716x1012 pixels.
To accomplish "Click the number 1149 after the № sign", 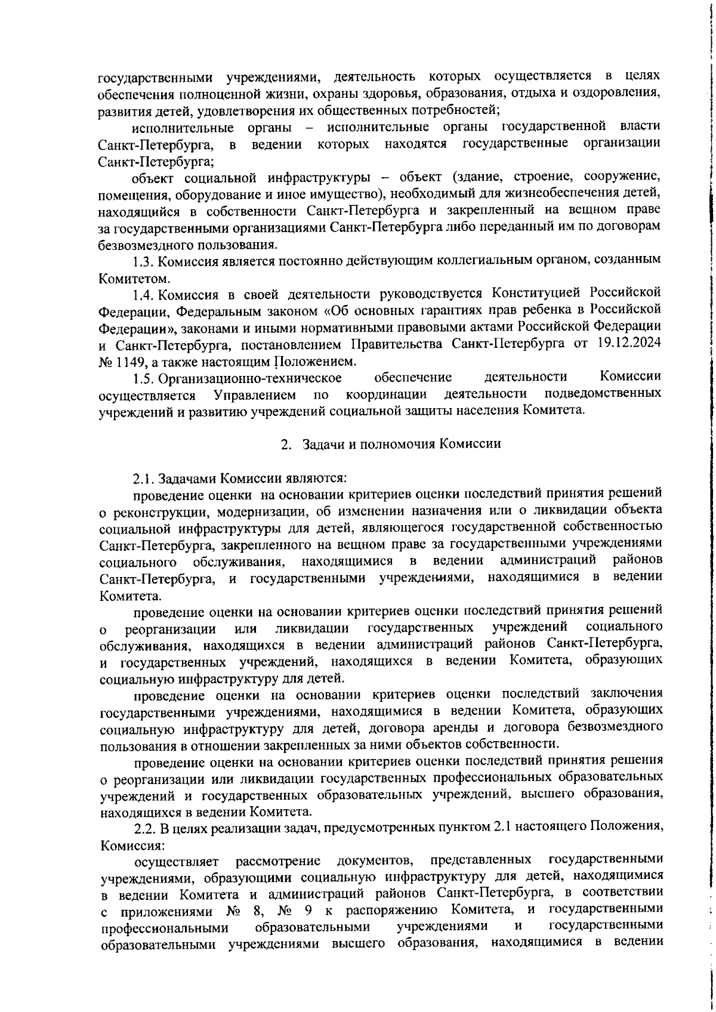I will tap(128, 361).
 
